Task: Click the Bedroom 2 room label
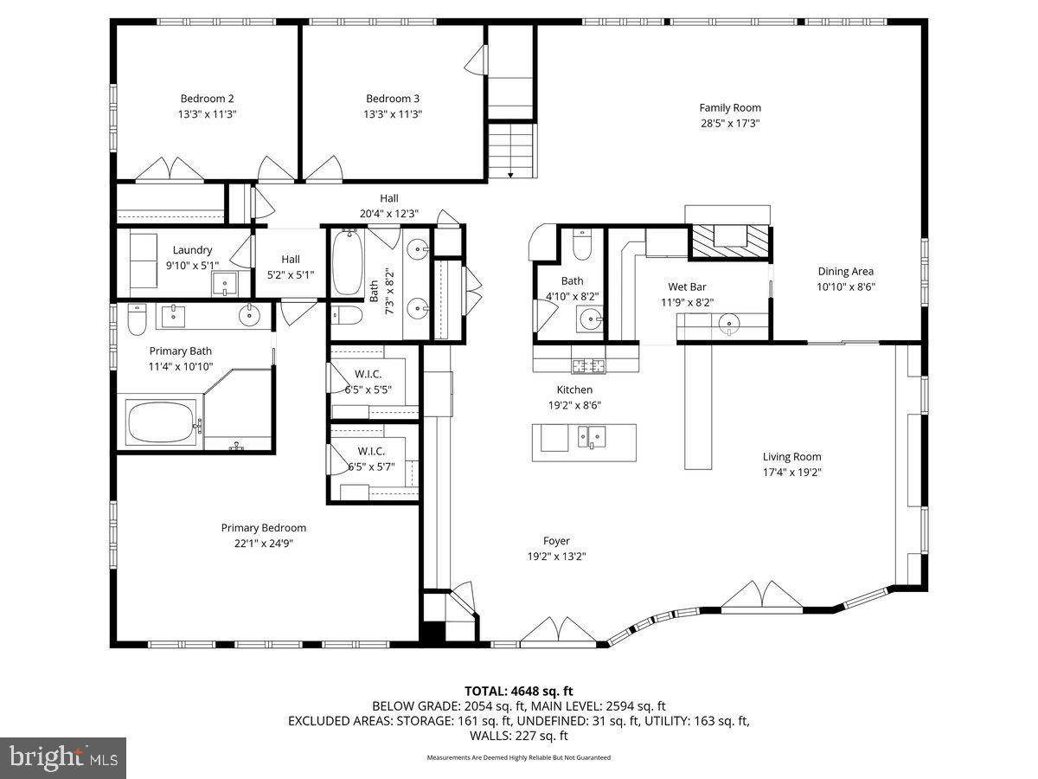pyautogui.click(x=208, y=99)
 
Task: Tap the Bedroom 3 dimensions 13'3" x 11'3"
pyautogui.click(x=394, y=114)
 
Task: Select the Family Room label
pyautogui.click(x=730, y=108)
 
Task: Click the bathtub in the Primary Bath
pyautogui.click(x=163, y=422)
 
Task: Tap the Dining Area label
pyautogui.click(x=845, y=272)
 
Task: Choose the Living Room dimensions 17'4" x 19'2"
pyautogui.click(x=791, y=473)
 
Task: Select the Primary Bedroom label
pyautogui.click(x=263, y=528)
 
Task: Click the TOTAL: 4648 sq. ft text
pyautogui.click(x=518, y=691)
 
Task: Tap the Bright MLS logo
pyautogui.click(x=62, y=757)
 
